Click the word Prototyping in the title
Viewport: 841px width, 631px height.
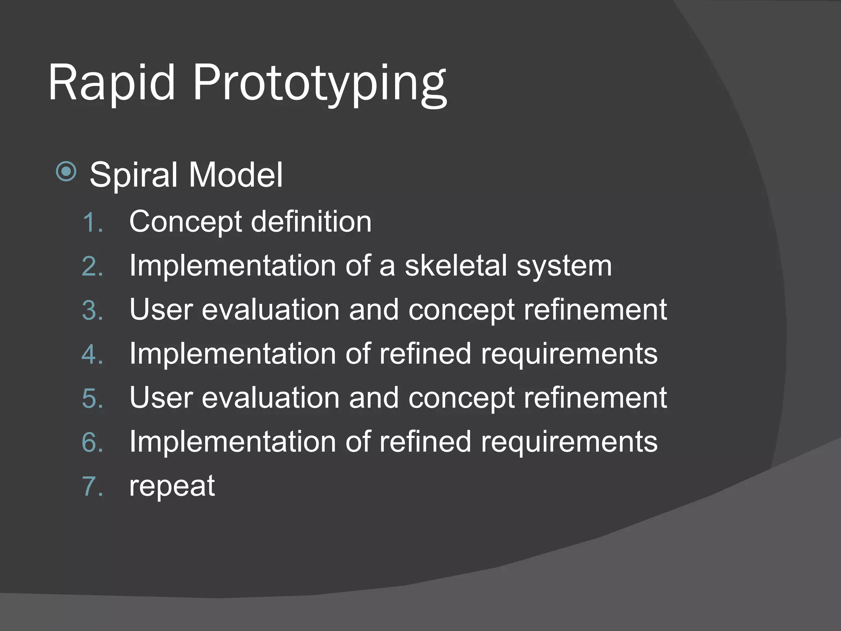319,84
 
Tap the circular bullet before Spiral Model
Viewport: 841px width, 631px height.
66,171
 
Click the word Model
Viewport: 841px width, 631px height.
236,175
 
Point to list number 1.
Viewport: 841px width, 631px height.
92,223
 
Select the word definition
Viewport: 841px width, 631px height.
311,222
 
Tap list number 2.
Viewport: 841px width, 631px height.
92,267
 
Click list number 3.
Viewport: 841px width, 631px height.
92,311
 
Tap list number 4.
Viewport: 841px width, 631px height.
92,355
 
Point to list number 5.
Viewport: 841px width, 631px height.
92,399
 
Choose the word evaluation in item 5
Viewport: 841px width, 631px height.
271,398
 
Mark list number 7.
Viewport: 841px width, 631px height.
92,487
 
